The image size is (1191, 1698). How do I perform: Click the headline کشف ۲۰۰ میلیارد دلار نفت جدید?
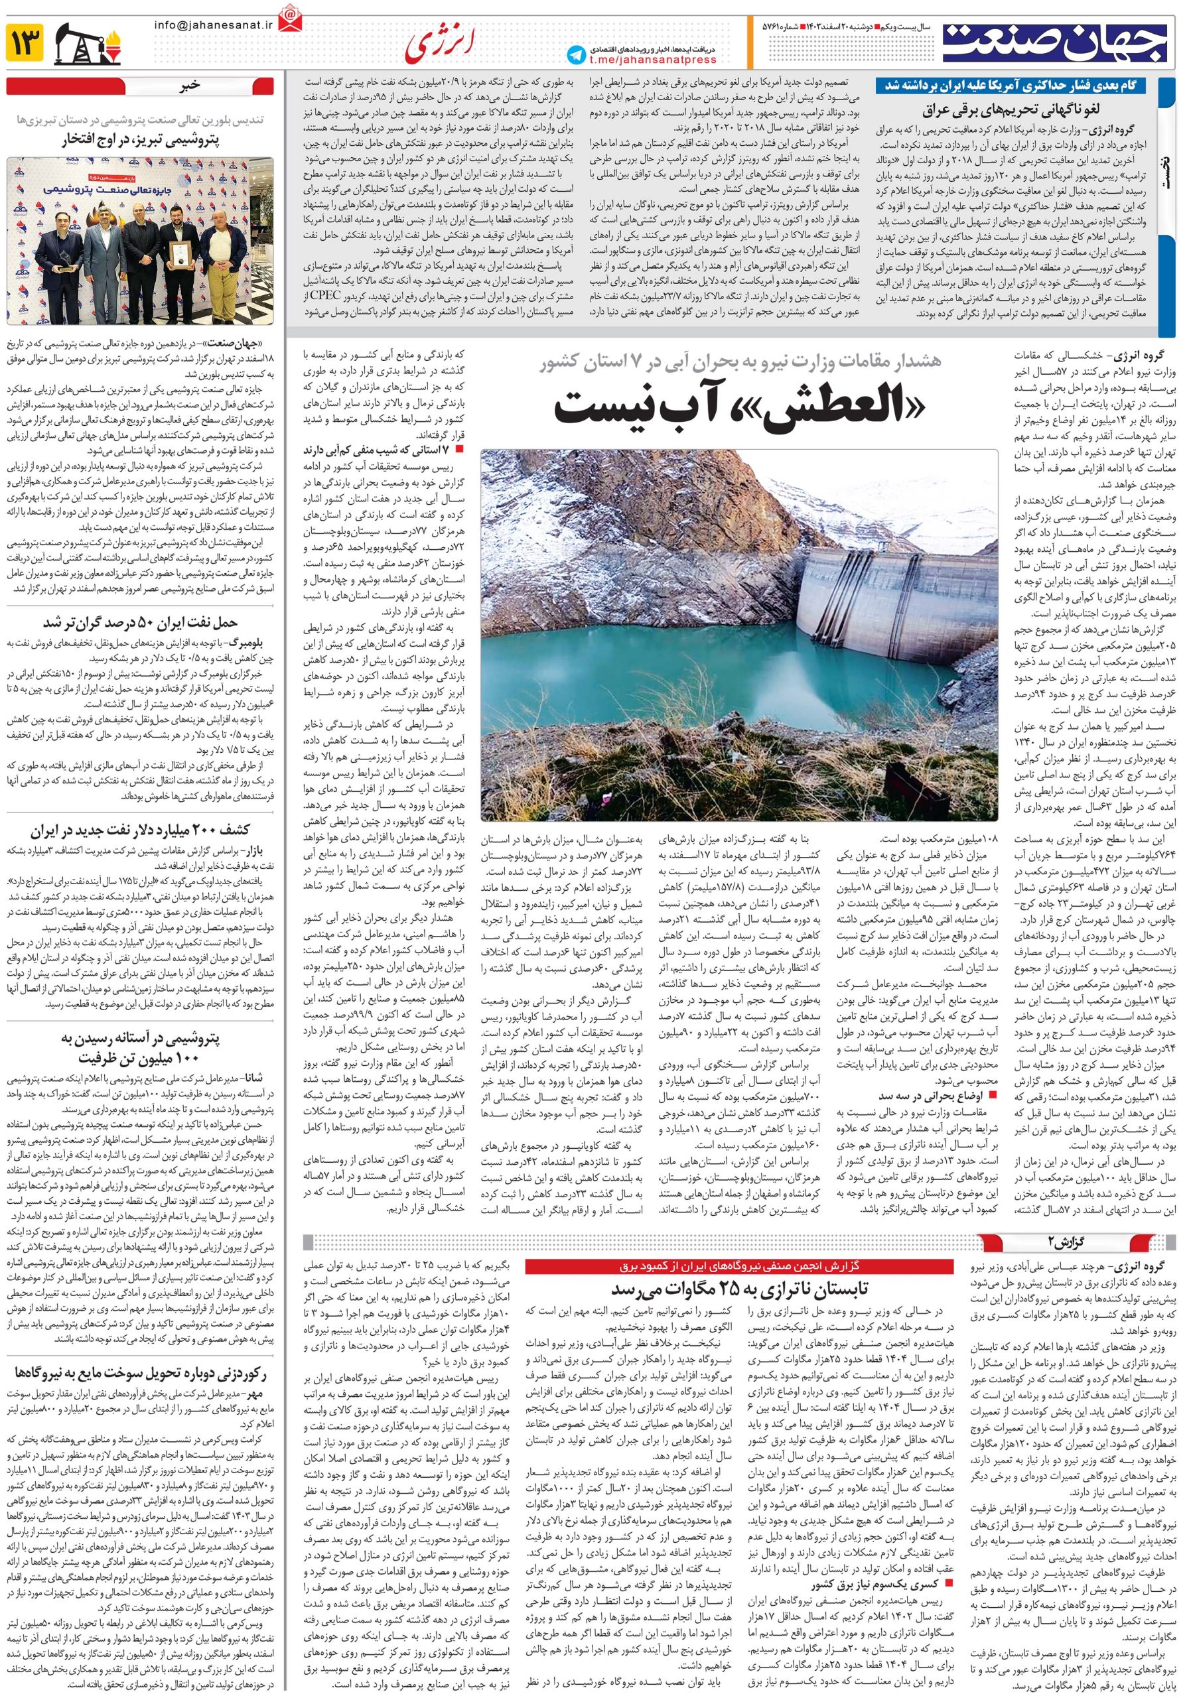pos(141,829)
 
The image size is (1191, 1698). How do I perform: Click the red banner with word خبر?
pos(141,84)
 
